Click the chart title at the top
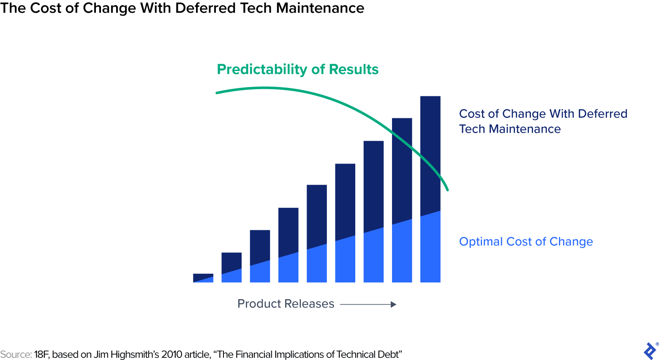[x=182, y=8]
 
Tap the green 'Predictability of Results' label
[x=297, y=69]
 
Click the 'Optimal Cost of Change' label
[x=526, y=242]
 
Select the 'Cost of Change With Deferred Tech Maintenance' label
[x=543, y=121]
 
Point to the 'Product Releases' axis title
[x=286, y=304]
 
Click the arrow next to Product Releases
[x=368, y=304]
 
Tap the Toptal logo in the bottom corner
[x=650, y=351]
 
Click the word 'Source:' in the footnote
[x=16, y=355]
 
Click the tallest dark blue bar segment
[x=430, y=152]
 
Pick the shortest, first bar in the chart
[x=203, y=278]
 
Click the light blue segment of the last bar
[x=430, y=249]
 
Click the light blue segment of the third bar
[x=260, y=273]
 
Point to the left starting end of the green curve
[x=217, y=93]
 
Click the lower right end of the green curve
[x=447, y=189]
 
